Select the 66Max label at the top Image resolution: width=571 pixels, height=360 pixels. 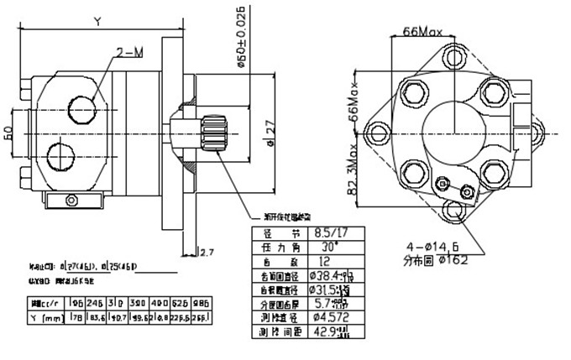click(x=422, y=32)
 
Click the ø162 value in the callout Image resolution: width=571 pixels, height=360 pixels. click(x=453, y=260)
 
